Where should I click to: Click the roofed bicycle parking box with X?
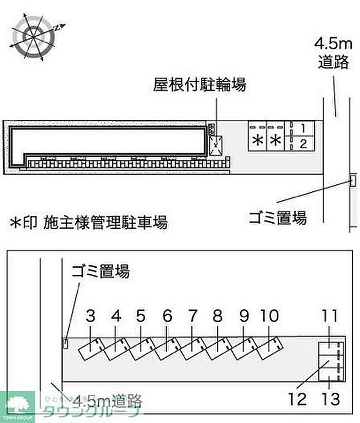[217, 144]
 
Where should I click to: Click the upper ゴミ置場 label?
[277, 217]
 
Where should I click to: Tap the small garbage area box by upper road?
[353, 181]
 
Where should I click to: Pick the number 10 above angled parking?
[269, 316]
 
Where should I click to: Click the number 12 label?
[297, 398]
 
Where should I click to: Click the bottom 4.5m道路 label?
[107, 399]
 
